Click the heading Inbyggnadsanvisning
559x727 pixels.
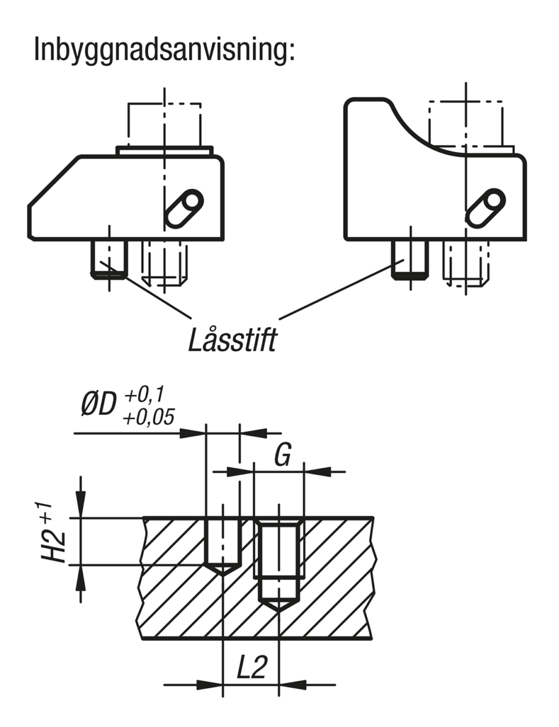(x=165, y=50)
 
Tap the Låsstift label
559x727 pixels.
(x=232, y=340)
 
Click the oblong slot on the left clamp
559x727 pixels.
(x=185, y=209)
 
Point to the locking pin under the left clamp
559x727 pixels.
(x=109, y=259)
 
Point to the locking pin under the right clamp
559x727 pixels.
(x=410, y=260)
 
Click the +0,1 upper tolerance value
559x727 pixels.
(x=144, y=394)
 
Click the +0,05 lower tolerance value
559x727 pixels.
(x=149, y=417)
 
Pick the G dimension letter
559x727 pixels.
(x=283, y=455)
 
